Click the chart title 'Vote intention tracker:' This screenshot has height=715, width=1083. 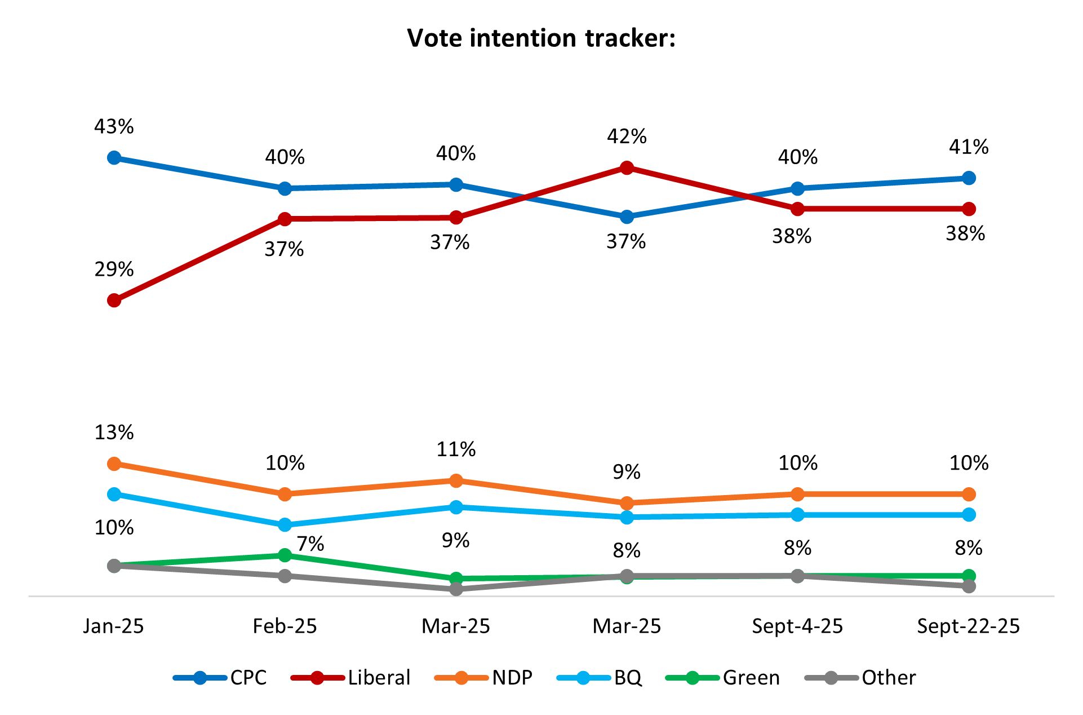pos(541,38)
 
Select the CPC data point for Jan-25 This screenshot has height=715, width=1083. pos(114,158)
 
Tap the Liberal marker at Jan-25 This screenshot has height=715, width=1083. pos(114,301)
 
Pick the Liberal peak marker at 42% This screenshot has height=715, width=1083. pos(627,168)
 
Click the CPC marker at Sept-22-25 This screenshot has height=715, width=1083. pos(969,178)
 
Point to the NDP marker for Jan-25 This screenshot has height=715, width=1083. pos(114,464)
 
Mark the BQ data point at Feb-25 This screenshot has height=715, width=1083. pos(285,525)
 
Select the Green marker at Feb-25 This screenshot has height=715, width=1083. pos(285,555)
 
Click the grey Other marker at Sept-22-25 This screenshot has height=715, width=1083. pos(969,586)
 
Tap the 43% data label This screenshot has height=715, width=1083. pos(114,127)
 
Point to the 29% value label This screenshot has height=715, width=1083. pos(114,270)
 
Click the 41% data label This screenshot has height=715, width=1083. pos(969,147)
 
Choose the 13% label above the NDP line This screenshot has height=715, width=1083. pos(114,432)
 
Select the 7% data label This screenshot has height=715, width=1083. pos(310,544)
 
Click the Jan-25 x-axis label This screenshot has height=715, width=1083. pos(114,626)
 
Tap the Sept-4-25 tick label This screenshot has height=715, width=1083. pos(797,626)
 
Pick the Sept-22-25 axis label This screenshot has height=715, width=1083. pos(969,626)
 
